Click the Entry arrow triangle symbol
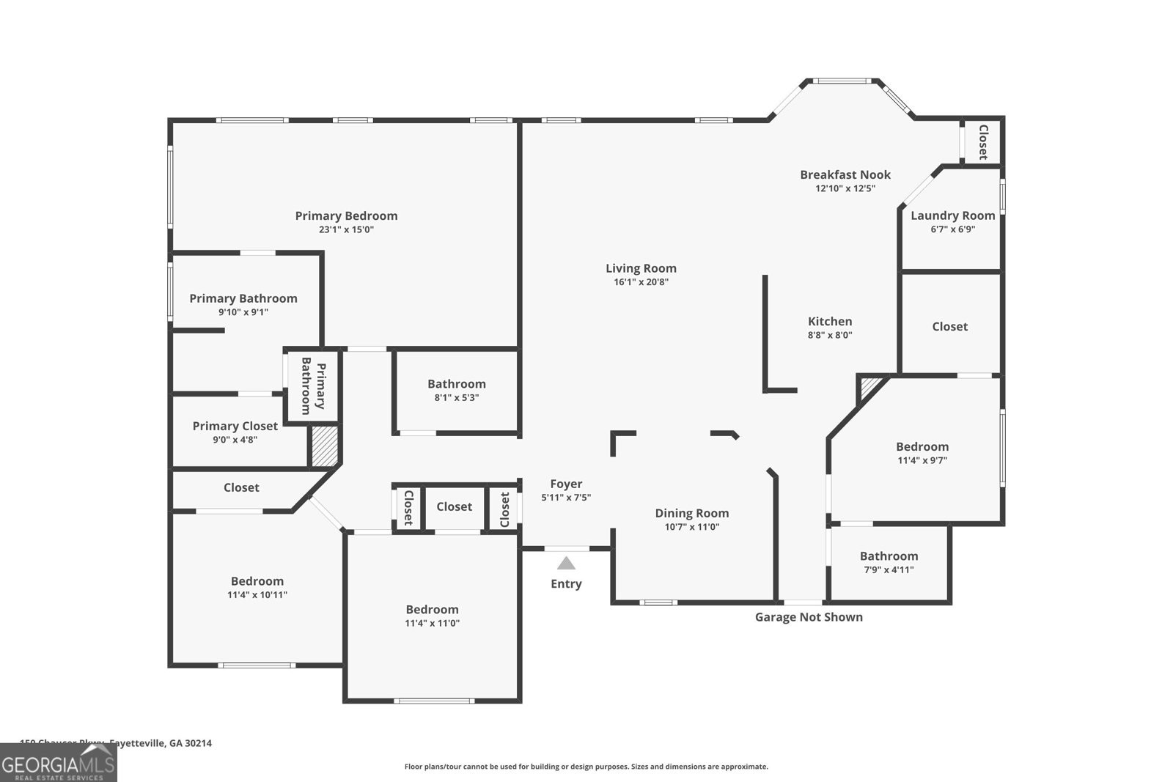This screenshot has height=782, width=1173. [x=566, y=564]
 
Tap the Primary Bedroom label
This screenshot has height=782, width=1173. [x=346, y=215]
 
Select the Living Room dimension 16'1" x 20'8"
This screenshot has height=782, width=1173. [x=641, y=282]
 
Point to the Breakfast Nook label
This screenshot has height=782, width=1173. [x=845, y=174]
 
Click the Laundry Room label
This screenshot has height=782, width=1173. [x=952, y=215]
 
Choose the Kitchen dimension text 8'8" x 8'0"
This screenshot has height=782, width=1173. [x=830, y=335]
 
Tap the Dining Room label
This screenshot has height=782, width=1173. [x=691, y=513]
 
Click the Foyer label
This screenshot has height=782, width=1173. [x=566, y=484]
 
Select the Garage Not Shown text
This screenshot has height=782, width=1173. [x=809, y=617]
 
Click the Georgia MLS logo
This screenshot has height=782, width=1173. [x=59, y=763]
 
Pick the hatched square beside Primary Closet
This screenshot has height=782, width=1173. [x=324, y=446]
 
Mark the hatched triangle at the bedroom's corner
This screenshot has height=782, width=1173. [x=870, y=386]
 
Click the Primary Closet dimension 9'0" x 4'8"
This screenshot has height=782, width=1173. [x=235, y=440]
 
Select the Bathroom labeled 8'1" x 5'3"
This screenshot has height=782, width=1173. [x=456, y=384]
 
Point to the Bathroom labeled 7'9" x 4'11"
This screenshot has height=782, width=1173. [x=889, y=556]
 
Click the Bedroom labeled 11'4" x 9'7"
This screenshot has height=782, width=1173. [x=922, y=446]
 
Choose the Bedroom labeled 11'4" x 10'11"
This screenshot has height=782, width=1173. [x=257, y=581]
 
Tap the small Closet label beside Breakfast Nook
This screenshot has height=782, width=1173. [x=983, y=141]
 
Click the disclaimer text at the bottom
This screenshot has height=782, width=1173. [x=586, y=767]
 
